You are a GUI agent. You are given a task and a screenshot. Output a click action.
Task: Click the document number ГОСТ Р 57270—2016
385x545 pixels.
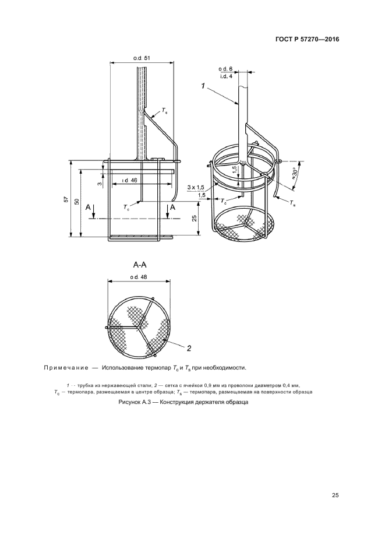click(307, 39)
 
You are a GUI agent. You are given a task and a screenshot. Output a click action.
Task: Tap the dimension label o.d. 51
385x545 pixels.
click(142, 58)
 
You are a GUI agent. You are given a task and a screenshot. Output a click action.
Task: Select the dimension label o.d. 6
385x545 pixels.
click(225, 69)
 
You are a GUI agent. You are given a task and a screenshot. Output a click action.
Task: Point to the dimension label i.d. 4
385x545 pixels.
click(226, 76)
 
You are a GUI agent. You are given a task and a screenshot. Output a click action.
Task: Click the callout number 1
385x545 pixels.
click(203, 86)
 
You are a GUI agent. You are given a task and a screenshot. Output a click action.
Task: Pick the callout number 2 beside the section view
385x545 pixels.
click(189, 348)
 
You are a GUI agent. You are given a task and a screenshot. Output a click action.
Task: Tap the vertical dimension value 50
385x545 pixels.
click(77, 202)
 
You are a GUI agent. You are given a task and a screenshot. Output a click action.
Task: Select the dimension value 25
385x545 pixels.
click(195, 218)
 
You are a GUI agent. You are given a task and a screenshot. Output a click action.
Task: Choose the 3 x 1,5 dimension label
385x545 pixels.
click(196, 188)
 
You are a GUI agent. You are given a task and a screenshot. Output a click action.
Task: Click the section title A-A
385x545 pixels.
click(140, 265)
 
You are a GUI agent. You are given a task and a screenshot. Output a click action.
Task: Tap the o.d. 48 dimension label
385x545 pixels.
click(139, 277)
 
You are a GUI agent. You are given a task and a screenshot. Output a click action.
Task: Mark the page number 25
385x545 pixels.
click(335, 495)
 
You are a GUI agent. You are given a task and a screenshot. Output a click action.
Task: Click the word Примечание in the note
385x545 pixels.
click(66, 368)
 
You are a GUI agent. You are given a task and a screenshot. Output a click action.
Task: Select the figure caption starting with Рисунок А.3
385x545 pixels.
click(183, 403)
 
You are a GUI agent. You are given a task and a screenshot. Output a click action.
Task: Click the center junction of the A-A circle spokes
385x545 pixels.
click(138, 327)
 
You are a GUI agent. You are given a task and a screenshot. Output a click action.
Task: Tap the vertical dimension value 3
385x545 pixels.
click(100, 184)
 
